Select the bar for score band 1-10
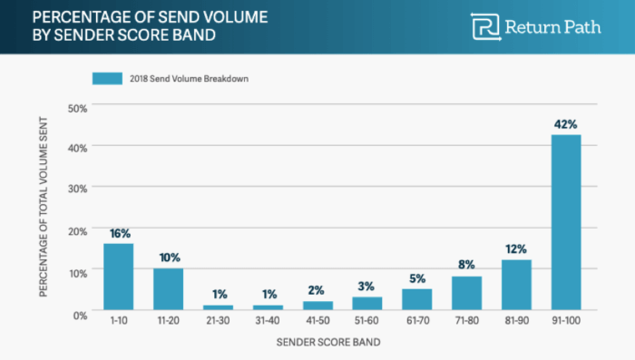(118, 277)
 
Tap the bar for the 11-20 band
(168, 289)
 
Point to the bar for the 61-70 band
(416, 299)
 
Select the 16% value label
(119, 233)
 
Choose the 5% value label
(417, 278)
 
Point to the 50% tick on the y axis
(77, 108)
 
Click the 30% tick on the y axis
(77, 189)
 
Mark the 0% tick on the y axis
(80, 313)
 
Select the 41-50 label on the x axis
(317, 323)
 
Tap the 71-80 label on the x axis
(466, 323)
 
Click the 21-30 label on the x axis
(218, 323)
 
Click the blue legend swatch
(107, 79)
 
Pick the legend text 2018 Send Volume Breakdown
(188, 79)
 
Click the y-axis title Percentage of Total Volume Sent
(44, 209)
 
